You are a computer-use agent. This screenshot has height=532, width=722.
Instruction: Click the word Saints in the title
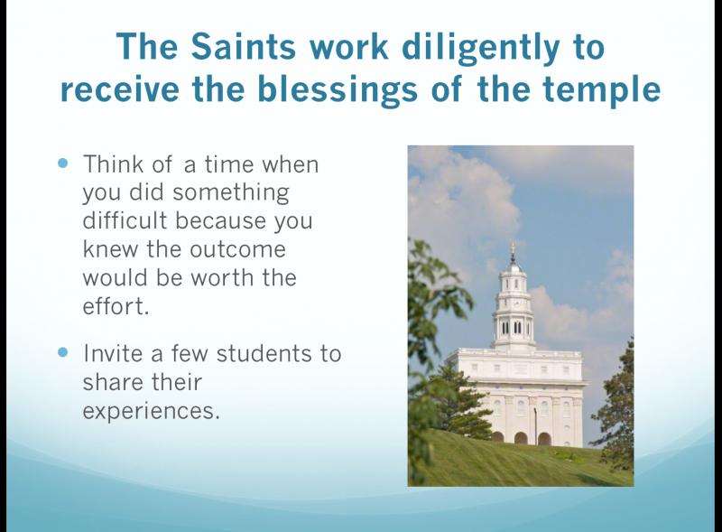tap(243, 47)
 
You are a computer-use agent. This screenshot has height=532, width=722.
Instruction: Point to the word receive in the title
tap(119, 90)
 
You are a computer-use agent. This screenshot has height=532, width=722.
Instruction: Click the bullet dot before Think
tap(63, 163)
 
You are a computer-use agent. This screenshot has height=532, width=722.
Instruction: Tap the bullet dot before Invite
tap(63, 352)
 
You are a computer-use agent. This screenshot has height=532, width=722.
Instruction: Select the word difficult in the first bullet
tap(125, 220)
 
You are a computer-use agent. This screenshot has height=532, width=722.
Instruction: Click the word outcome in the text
tap(237, 249)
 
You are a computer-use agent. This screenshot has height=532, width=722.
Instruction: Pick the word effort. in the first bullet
tap(116, 306)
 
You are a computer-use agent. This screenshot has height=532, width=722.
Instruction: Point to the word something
tap(231, 193)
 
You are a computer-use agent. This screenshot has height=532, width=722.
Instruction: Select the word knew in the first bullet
tap(110, 249)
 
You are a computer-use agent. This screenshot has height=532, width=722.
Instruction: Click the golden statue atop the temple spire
tap(513, 249)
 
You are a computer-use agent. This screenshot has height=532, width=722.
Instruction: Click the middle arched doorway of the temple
tap(521, 438)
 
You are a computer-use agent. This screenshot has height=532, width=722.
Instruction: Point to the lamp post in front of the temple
tap(536, 425)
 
